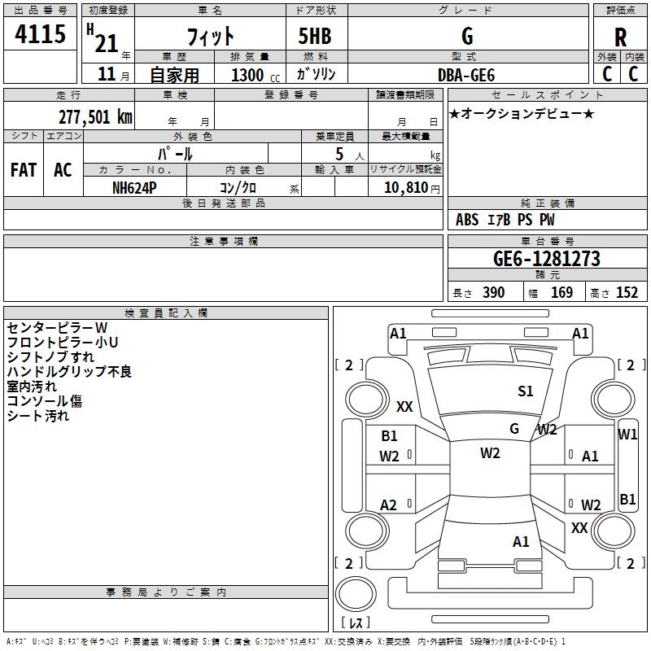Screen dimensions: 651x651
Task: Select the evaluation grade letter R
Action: pyautogui.click(x=620, y=37)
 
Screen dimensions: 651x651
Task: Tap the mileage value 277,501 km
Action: pyautogui.click(x=95, y=116)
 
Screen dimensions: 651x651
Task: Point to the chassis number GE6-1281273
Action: pyautogui.click(x=547, y=259)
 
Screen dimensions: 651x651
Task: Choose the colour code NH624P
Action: pyautogui.click(x=135, y=186)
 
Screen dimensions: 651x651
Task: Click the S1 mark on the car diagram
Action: pyautogui.click(x=526, y=391)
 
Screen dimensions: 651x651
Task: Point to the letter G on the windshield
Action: pyautogui.click(x=514, y=428)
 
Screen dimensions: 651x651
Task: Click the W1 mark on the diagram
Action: pyautogui.click(x=627, y=435)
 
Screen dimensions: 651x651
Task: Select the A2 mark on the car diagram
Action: pyautogui.click(x=389, y=505)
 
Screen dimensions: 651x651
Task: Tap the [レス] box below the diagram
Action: pyautogui.click(x=355, y=623)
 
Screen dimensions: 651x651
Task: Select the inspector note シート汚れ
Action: pyautogui.click(x=38, y=416)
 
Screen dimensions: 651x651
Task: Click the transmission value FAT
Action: pyautogui.click(x=23, y=170)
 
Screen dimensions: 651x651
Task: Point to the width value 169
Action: pyautogui.click(x=561, y=293)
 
